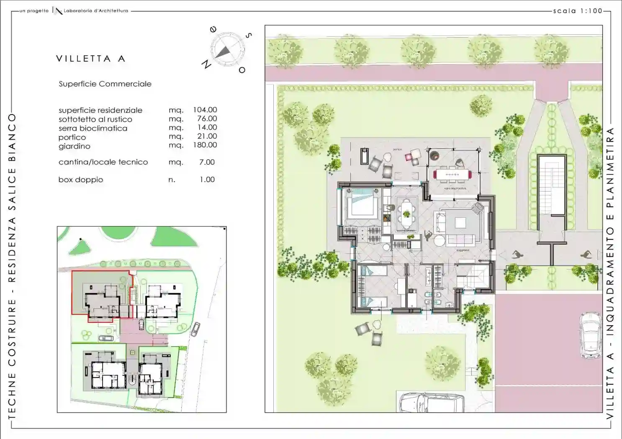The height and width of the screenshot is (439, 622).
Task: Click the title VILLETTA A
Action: [90, 59]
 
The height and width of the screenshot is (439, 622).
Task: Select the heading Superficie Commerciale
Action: [105, 84]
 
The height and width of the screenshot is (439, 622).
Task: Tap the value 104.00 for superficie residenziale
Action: [205, 110]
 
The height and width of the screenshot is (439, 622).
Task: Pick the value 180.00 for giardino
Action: [205, 145]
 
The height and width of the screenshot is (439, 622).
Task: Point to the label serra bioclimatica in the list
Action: [93, 128]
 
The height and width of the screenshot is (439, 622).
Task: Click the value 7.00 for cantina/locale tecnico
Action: [207, 162]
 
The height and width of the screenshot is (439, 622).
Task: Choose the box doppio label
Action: [80, 180]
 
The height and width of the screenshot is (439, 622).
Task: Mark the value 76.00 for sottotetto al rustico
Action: [207, 119]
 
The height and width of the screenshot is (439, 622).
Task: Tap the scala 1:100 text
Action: [577, 11]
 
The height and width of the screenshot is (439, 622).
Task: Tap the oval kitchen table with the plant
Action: [406, 214]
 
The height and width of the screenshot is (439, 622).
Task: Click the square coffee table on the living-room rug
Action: [460, 222]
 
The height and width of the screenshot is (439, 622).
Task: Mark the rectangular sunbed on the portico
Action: [365, 156]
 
